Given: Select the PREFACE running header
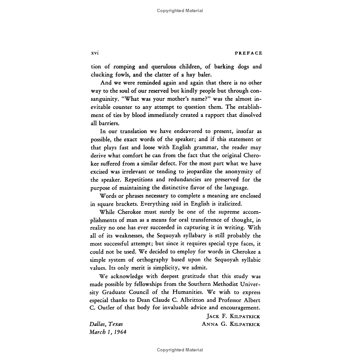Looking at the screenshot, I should (x=248, y=53).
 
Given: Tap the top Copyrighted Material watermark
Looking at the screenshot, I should (x=180, y=11).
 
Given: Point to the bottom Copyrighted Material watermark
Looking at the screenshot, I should (x=180, y=350).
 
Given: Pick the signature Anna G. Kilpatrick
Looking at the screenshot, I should (x=231, y=324).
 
